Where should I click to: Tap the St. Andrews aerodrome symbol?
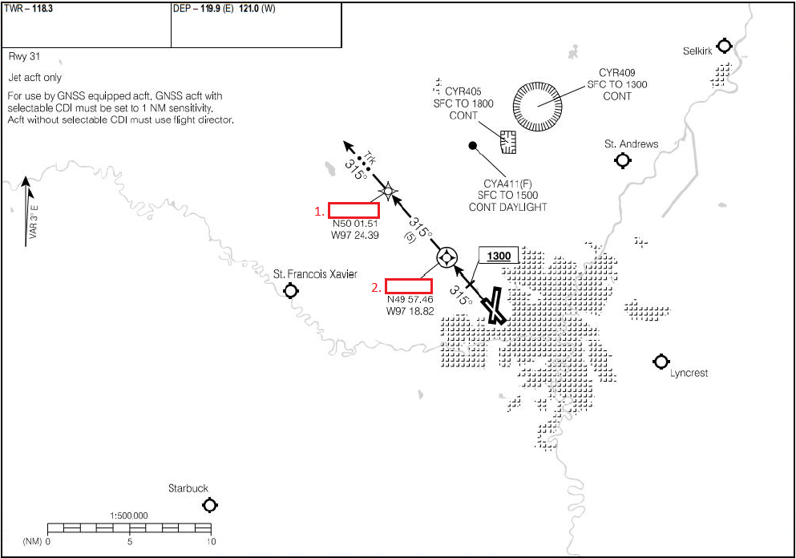click(622, 160)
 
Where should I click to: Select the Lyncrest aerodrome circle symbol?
click(661, 362)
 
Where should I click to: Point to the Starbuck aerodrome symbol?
click(210, 505)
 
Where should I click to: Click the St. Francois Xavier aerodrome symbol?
click(291, 289)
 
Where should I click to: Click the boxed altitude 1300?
click(499, 256)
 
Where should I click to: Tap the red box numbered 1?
click(354, 210)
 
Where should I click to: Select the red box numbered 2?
click(409, 285)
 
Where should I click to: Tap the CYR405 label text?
click(469, 91)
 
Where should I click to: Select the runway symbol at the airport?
click(494, 306)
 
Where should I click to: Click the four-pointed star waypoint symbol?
click(388, 191)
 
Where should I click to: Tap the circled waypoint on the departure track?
click(446, 257)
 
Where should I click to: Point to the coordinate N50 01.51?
click(355, 224)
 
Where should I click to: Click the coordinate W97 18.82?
click(410, 310)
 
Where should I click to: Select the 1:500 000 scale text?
click(128, 516)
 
